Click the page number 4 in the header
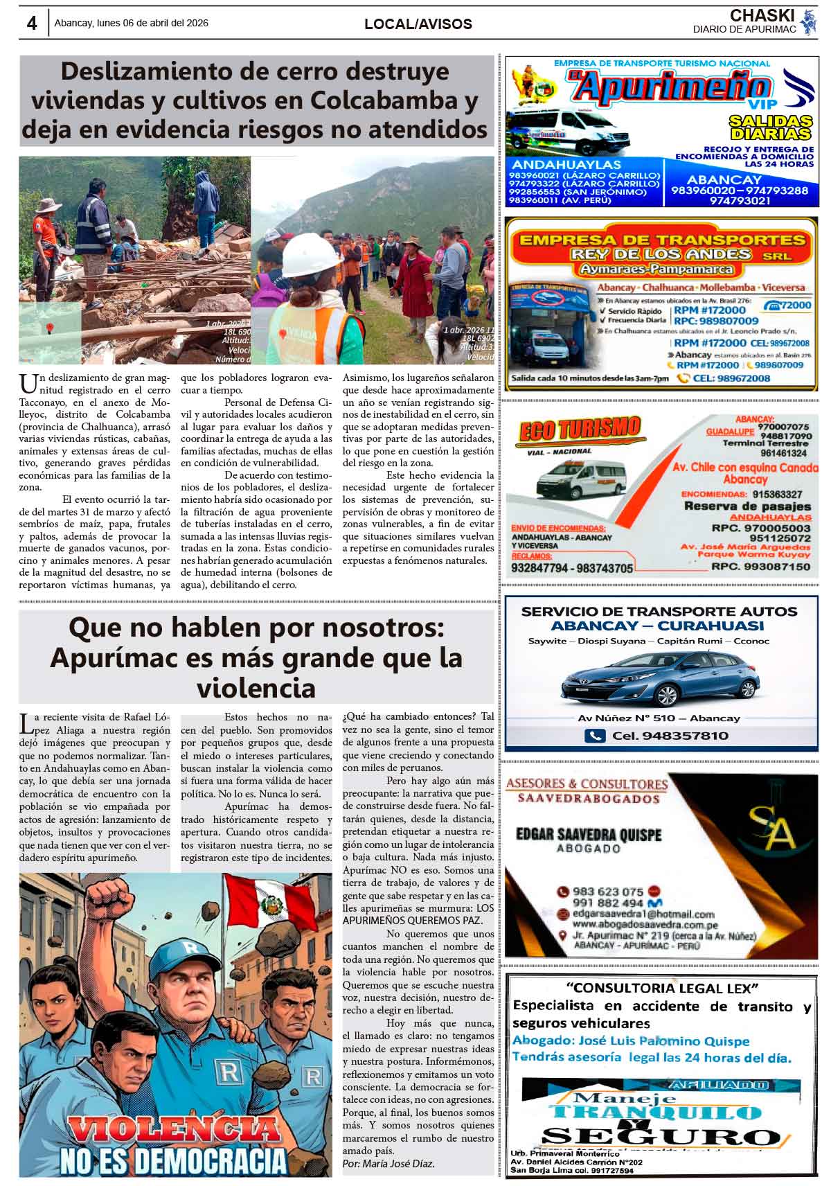click(31, 23)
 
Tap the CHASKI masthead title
click(762, 15)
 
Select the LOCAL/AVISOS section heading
click(418, 24)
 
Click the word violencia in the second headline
click(256, 688)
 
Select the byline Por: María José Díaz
click(388, 1163)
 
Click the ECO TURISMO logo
click(580, 430)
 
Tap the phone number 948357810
click(670, 736)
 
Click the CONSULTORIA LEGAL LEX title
click(662, 987)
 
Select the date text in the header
click(131, 23)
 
